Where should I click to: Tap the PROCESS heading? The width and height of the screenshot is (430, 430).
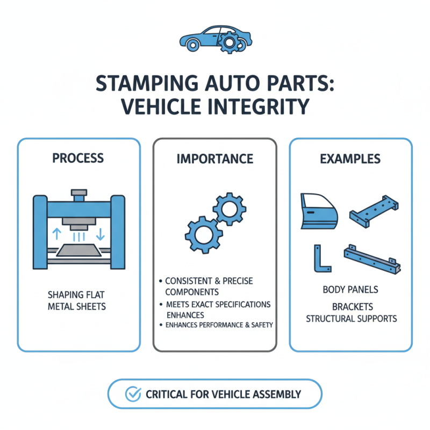coord(78,159)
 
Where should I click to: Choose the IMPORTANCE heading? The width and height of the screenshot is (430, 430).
coord(215,159)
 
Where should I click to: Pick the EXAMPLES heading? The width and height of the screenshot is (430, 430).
coord(350,159)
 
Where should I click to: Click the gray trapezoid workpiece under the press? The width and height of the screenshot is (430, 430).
coord(78,250)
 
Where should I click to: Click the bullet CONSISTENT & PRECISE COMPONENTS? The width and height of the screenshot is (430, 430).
coord(209,286)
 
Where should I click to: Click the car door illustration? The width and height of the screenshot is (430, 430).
coord(318,211)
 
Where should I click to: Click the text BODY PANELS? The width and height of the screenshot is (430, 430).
coord(350,290)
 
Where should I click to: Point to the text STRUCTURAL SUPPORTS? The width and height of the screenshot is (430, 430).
coord(352,318)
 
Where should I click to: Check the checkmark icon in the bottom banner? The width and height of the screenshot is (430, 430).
coord(132,394)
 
